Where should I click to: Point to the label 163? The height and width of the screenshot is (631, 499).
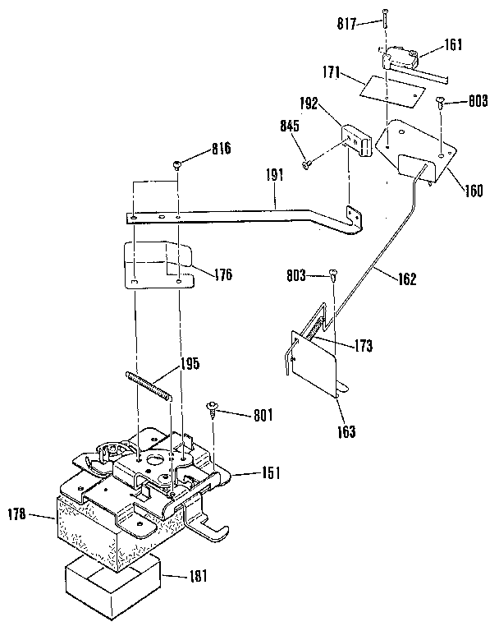346,431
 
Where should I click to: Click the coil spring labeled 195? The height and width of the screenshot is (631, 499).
149,385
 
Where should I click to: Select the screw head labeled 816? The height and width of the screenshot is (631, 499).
178,166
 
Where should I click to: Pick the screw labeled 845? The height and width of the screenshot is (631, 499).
307,164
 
